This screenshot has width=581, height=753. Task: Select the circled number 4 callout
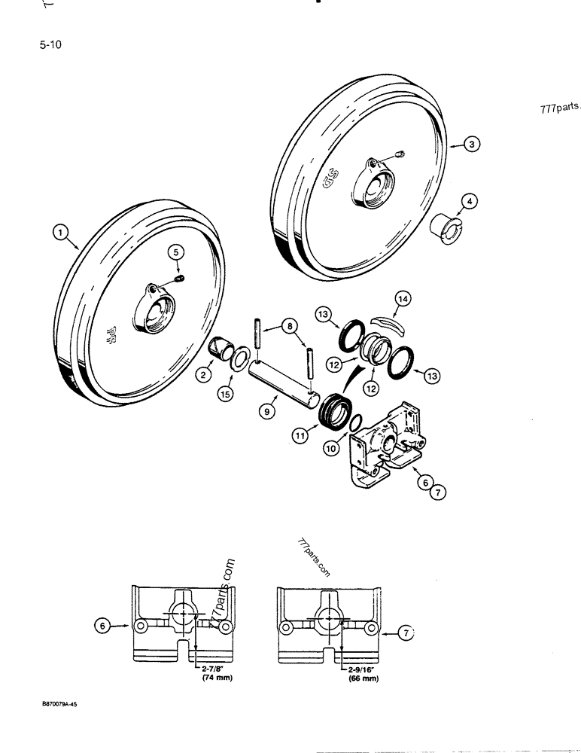point(469,201)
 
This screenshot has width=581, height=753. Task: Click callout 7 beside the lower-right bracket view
point(404,635)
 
